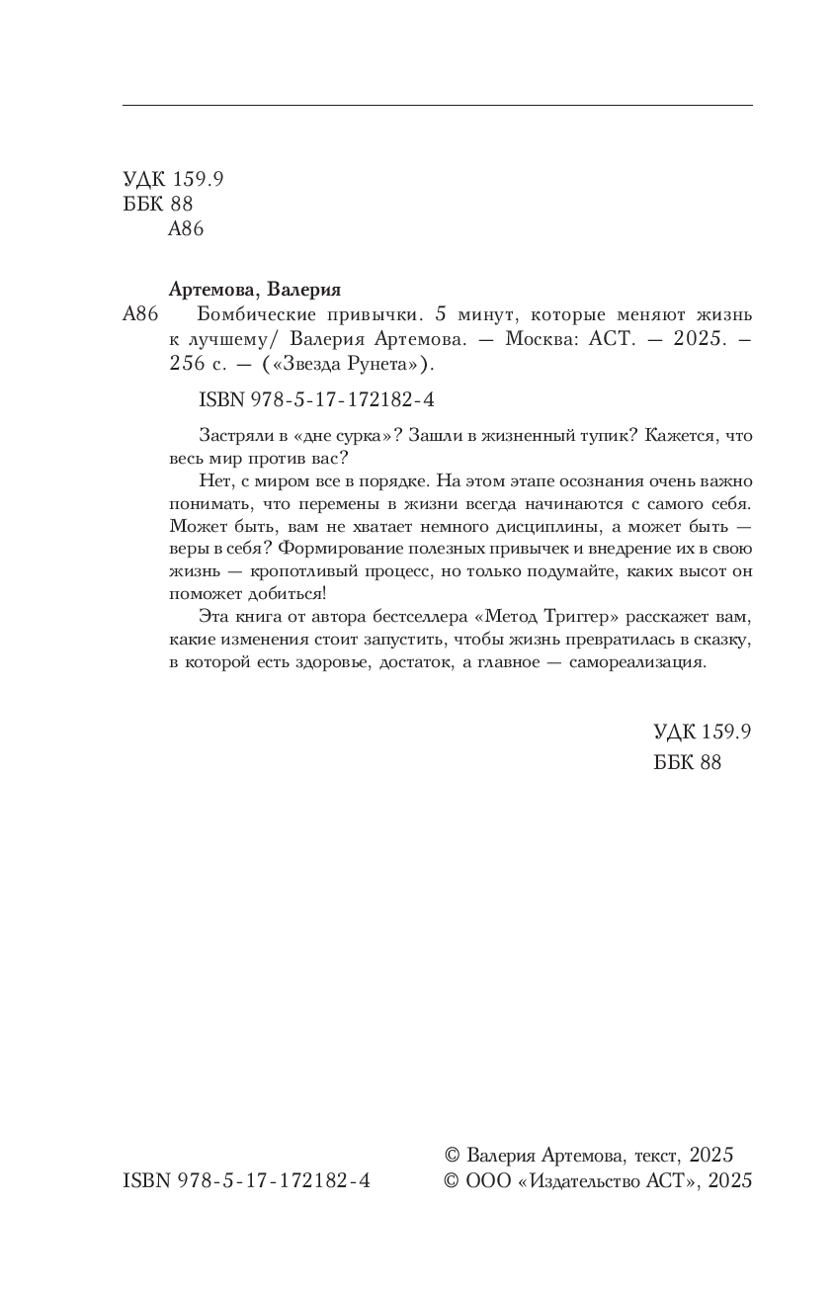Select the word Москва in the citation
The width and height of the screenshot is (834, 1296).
(542, 340)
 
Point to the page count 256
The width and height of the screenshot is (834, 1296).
(186, 365)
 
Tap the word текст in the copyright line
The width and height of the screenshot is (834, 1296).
(654, 1155)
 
